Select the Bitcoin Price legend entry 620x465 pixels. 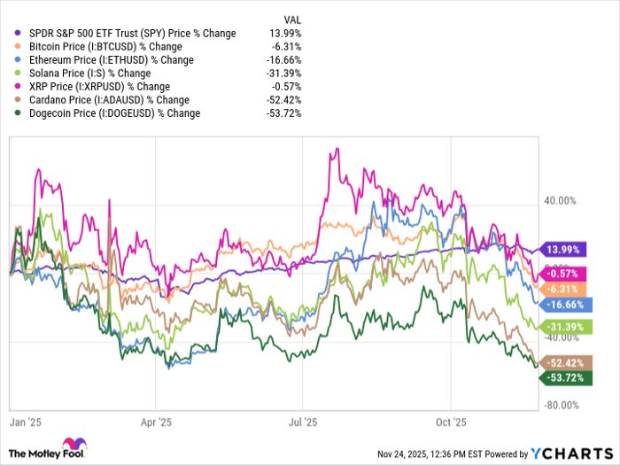tap(105, 46)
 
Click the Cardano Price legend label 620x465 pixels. tap(106, 99)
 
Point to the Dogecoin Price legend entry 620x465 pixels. tap(112, 112)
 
